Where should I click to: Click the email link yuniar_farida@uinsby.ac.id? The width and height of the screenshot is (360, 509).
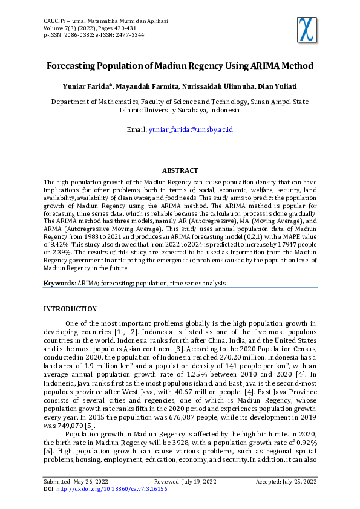tap(191, 129)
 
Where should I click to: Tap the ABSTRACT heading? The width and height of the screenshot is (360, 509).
tap(180, 171)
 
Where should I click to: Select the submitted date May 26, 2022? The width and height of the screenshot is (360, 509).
tap(102, 481)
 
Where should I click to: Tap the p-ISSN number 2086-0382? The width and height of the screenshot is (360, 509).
tap(81, 35)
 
